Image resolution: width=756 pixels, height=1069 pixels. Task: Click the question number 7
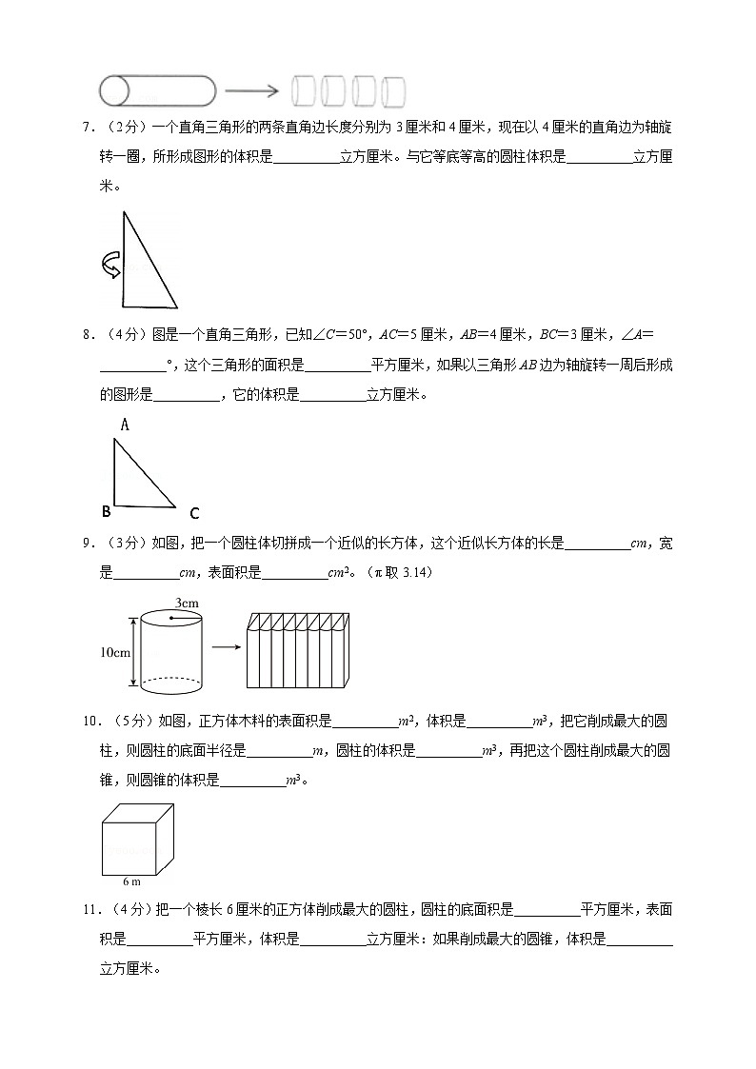point(87,128)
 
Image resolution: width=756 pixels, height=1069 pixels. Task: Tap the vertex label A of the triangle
point(124,426)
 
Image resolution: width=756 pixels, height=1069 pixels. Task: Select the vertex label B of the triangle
point(106,512)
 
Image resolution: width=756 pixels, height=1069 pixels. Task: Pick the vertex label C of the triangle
point(193,514)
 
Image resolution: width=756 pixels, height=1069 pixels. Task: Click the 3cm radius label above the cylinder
point(187,604)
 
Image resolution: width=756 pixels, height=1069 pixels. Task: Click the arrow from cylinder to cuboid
point(225,648)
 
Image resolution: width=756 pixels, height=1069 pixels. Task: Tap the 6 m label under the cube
point(132,881)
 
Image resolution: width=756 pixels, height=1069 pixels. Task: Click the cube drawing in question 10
point(137,837)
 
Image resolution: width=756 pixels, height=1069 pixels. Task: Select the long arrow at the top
point(251,91)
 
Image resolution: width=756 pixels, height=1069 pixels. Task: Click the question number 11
point(89,910)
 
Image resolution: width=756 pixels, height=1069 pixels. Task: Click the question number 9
point(87,544)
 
